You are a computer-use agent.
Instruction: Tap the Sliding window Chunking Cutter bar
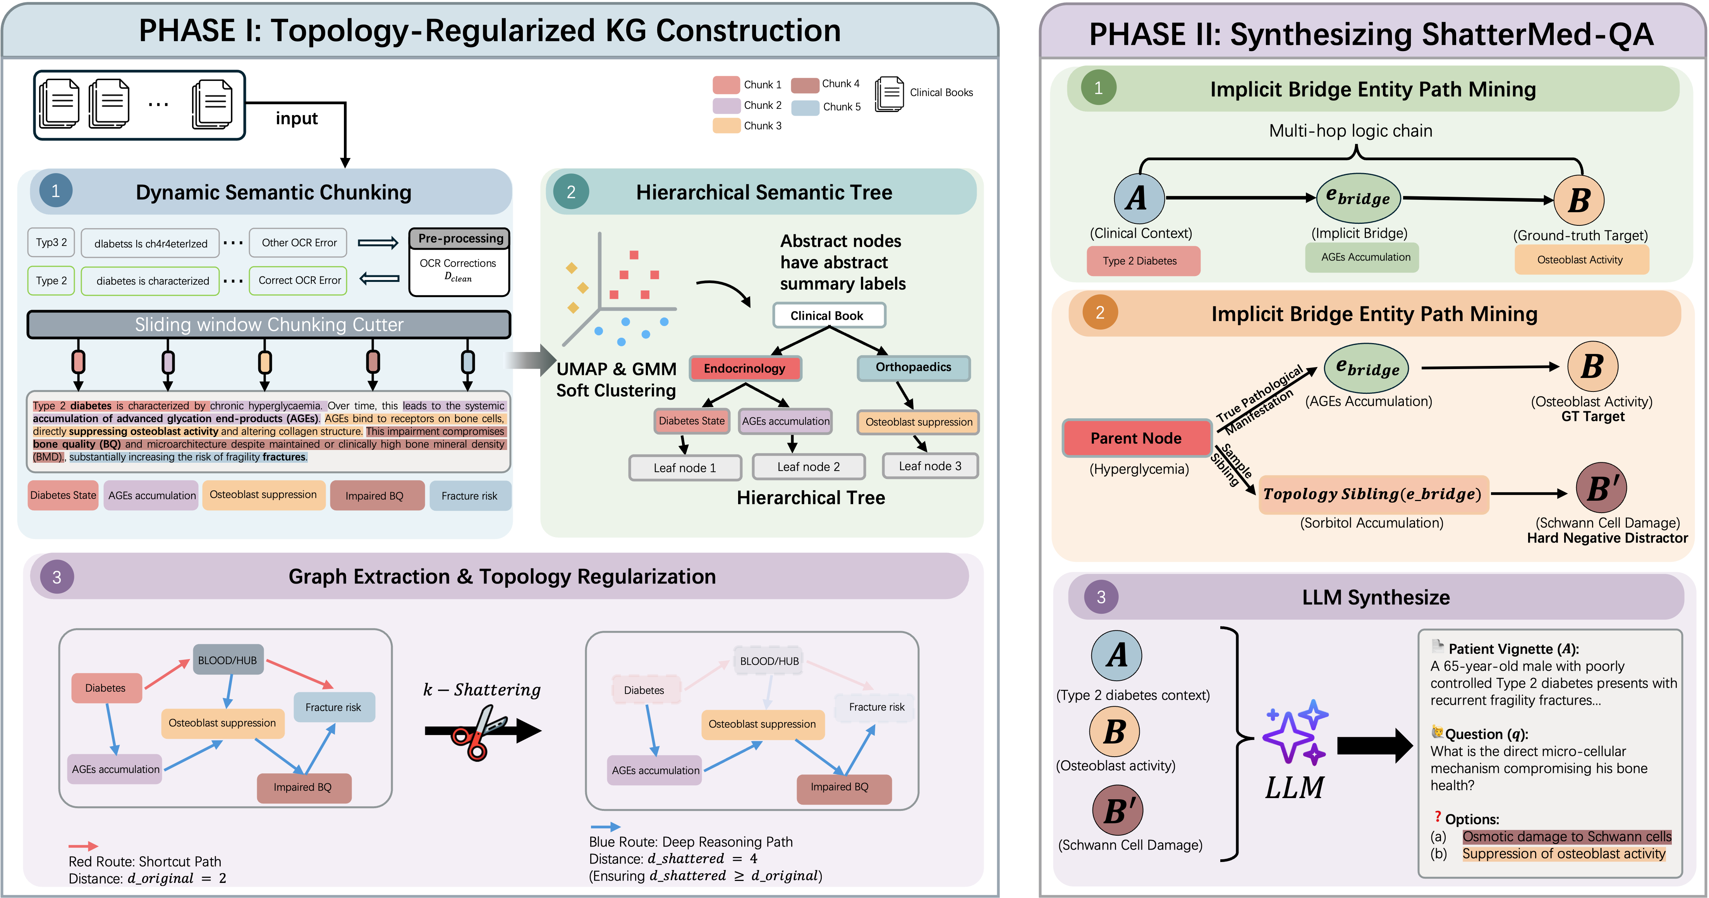269,325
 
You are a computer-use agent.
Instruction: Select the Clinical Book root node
828,316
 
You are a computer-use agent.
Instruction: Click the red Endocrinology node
744,368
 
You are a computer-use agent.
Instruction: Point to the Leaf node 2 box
808,467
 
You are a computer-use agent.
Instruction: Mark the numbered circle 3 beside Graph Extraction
57,577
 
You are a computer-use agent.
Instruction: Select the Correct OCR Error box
299,280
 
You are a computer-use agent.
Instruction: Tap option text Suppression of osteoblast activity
1563,853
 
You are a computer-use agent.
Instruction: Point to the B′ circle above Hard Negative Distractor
1601,488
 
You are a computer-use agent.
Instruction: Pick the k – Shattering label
482,690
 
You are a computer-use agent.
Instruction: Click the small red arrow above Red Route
83,846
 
